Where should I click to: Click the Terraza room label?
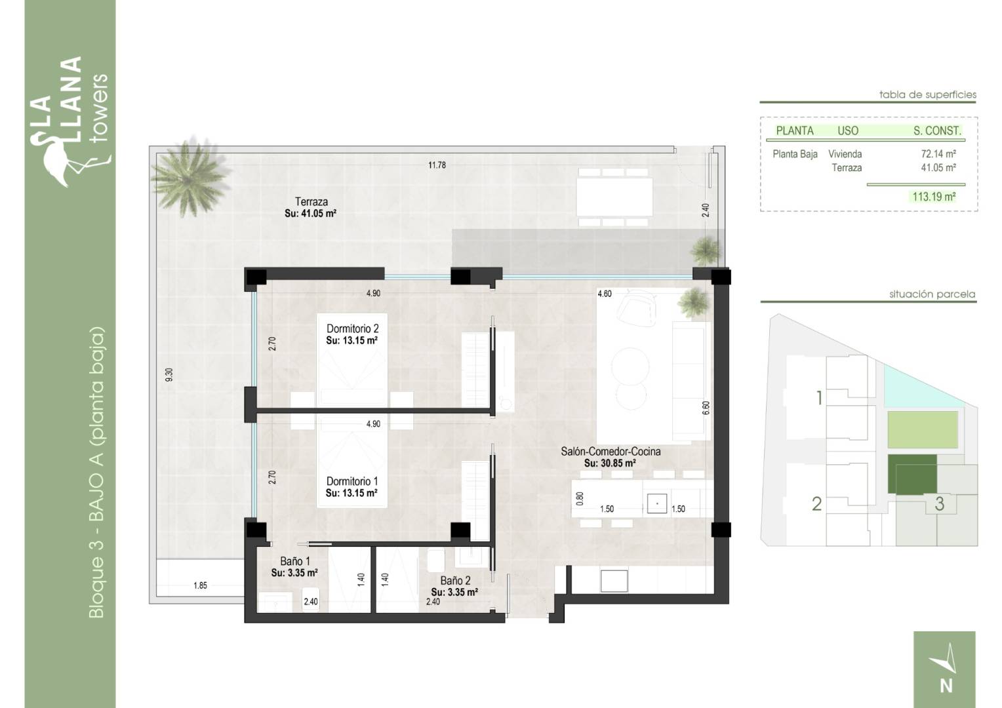coord(311,201)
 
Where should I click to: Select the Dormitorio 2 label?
coord(353,328)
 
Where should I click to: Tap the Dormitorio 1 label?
coord(352,481)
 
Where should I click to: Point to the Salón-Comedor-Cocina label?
coord(611,451)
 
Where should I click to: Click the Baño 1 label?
coord(295,561)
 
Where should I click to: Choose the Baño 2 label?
coord(455,581)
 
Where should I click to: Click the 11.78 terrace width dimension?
coord(437,165)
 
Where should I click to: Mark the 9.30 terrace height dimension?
coord(169,375)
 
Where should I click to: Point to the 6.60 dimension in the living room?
coord(706,408)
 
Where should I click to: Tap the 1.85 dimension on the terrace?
coord(201,585)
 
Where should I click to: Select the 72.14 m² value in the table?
coord(938,154)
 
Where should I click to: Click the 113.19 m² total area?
coord(934,197)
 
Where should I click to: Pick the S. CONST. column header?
coord(937,130)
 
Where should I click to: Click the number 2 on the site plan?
coord(817,504)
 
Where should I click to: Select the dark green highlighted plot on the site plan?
coord(912,474)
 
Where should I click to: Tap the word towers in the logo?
coord(99,109)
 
